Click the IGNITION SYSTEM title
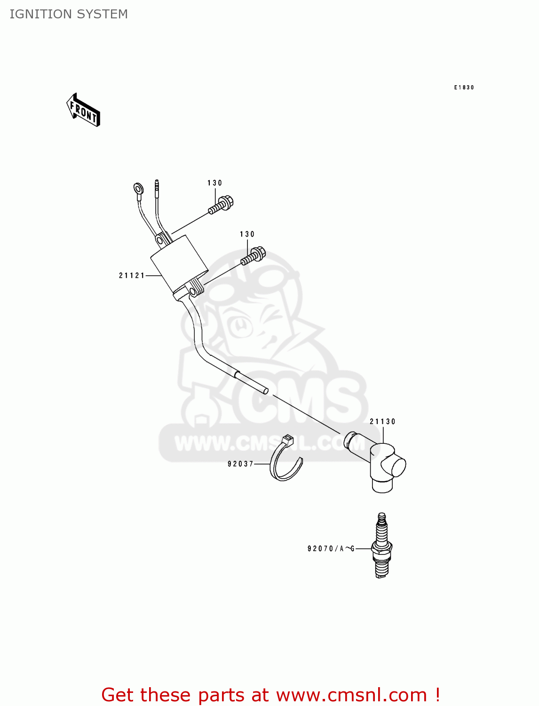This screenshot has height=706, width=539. [69, 14]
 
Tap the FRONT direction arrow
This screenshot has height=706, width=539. [83, 111]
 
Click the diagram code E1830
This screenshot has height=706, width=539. [464, 88]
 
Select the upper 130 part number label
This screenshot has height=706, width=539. [215, 183]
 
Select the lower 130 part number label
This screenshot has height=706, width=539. [247, 234]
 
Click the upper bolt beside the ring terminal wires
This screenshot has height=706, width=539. [222, 205]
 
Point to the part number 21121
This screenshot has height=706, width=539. [132, 276]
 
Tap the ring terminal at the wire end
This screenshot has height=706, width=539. [138, 189]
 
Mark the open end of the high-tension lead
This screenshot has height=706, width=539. [265, 390]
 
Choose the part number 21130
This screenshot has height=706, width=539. [382, 422]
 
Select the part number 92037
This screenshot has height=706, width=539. [240, 464]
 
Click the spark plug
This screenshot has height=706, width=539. [382, 546]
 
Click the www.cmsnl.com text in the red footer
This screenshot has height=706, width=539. [351, 695]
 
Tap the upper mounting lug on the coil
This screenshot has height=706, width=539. [162, 240]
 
